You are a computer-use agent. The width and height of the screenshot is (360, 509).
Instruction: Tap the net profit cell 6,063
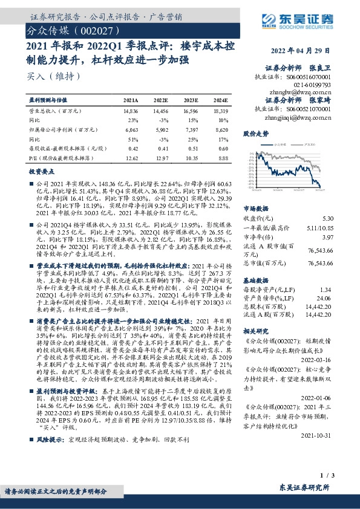click(x=131, y=129)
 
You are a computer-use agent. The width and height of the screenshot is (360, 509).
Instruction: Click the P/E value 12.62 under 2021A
click(x=131, y=157)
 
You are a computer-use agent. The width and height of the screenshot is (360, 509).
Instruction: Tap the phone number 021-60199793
click(x=312, y=85)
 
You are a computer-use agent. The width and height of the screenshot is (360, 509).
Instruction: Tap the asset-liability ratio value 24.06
click(x=325, y=297)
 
